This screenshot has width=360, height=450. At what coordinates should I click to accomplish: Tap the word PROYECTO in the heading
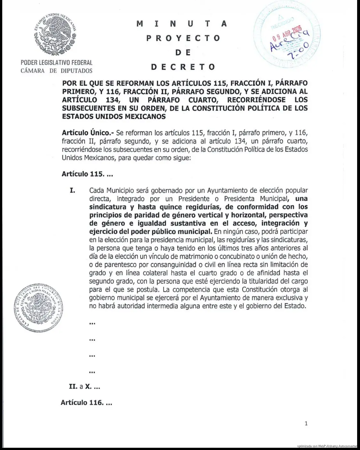(x=183, y=38)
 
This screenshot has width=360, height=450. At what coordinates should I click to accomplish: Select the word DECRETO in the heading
(x=183, y=67)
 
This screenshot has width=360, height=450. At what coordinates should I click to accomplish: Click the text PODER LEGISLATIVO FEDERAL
(x=56, y=63)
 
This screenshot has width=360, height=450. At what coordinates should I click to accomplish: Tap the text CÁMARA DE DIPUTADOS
(x=56, y=71)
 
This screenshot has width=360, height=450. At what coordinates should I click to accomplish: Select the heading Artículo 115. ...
(x=87, y=174)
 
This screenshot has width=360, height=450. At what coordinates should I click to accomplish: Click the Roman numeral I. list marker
(x=73, y=191)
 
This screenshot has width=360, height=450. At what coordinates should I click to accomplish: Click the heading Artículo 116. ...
(x=86, y=403)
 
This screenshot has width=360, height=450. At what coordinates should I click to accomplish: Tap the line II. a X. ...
(x=84, y=387)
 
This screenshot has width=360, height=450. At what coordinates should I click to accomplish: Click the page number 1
(x=306, y=423)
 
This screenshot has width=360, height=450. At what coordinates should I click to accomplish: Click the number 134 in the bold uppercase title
(x=112, y=100)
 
